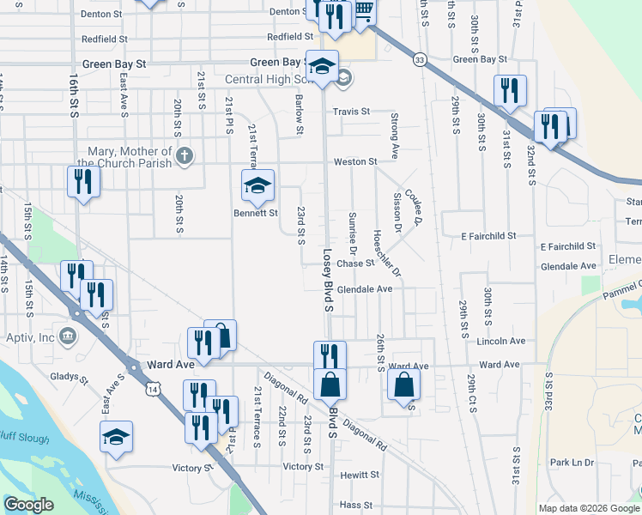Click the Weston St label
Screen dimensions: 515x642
(355, 161)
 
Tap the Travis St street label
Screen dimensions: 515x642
(351, 112)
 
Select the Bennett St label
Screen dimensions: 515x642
(257, 212)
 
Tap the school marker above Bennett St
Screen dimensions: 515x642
(257, 185)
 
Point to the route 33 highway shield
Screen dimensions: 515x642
(419, 59)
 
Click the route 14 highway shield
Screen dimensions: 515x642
(152, 389)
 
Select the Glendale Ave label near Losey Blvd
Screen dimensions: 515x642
(364, 289)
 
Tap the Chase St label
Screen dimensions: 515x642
(355, 264)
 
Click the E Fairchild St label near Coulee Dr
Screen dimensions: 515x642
(488, 235)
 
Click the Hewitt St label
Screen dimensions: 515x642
(359, 475)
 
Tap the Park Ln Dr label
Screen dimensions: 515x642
(572, 463)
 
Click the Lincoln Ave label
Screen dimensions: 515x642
(500, 341)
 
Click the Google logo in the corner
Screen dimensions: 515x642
(29, 504)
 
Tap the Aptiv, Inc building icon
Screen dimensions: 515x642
(68, 335)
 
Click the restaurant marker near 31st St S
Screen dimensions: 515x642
(510, 90)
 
